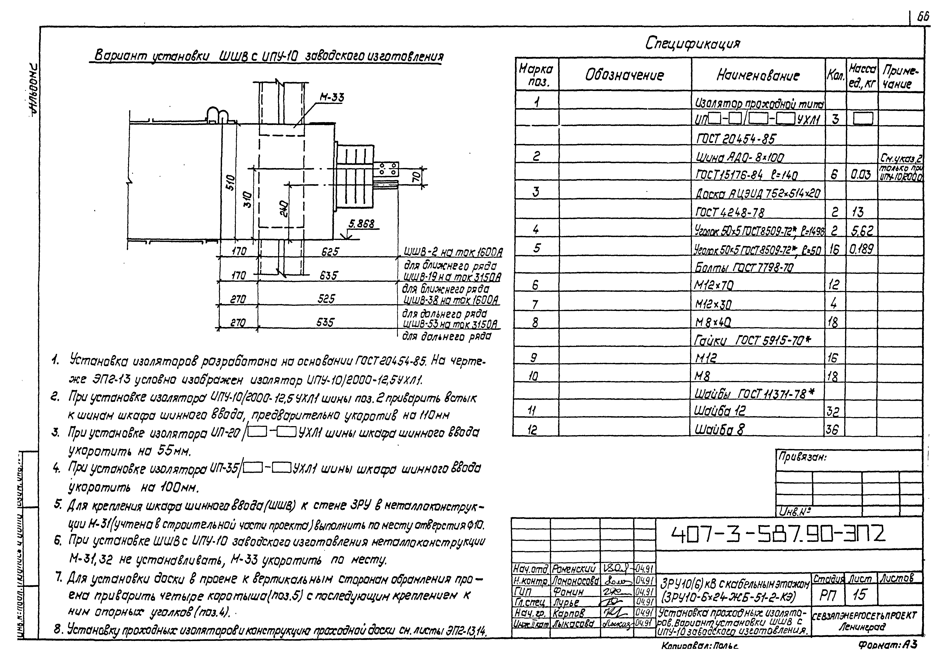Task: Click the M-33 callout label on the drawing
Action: coord(331,97)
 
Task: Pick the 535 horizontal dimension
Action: coord(325,322)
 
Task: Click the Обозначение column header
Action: coord(624,75)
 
